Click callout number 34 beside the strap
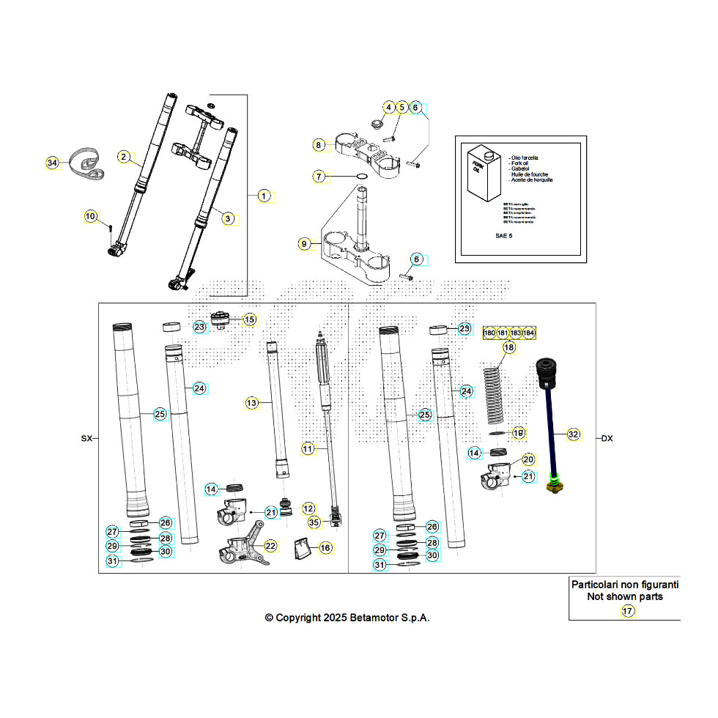click(x=51, y=163)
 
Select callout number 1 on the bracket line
click(x=264, y=196)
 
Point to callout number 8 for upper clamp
click(x=318, y=144)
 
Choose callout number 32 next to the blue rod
click(x=573, y=434)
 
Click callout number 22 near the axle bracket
click(x=270, y=546)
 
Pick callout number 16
click(x=325, y=547)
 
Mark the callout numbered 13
click(x=251, y=403)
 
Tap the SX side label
click(x=86, y=439)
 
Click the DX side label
click(x=607, y=439)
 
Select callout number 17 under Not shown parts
click(x=627, y=611)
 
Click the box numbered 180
click(x=490, y=333)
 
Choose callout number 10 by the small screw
click(x=90, y=216)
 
